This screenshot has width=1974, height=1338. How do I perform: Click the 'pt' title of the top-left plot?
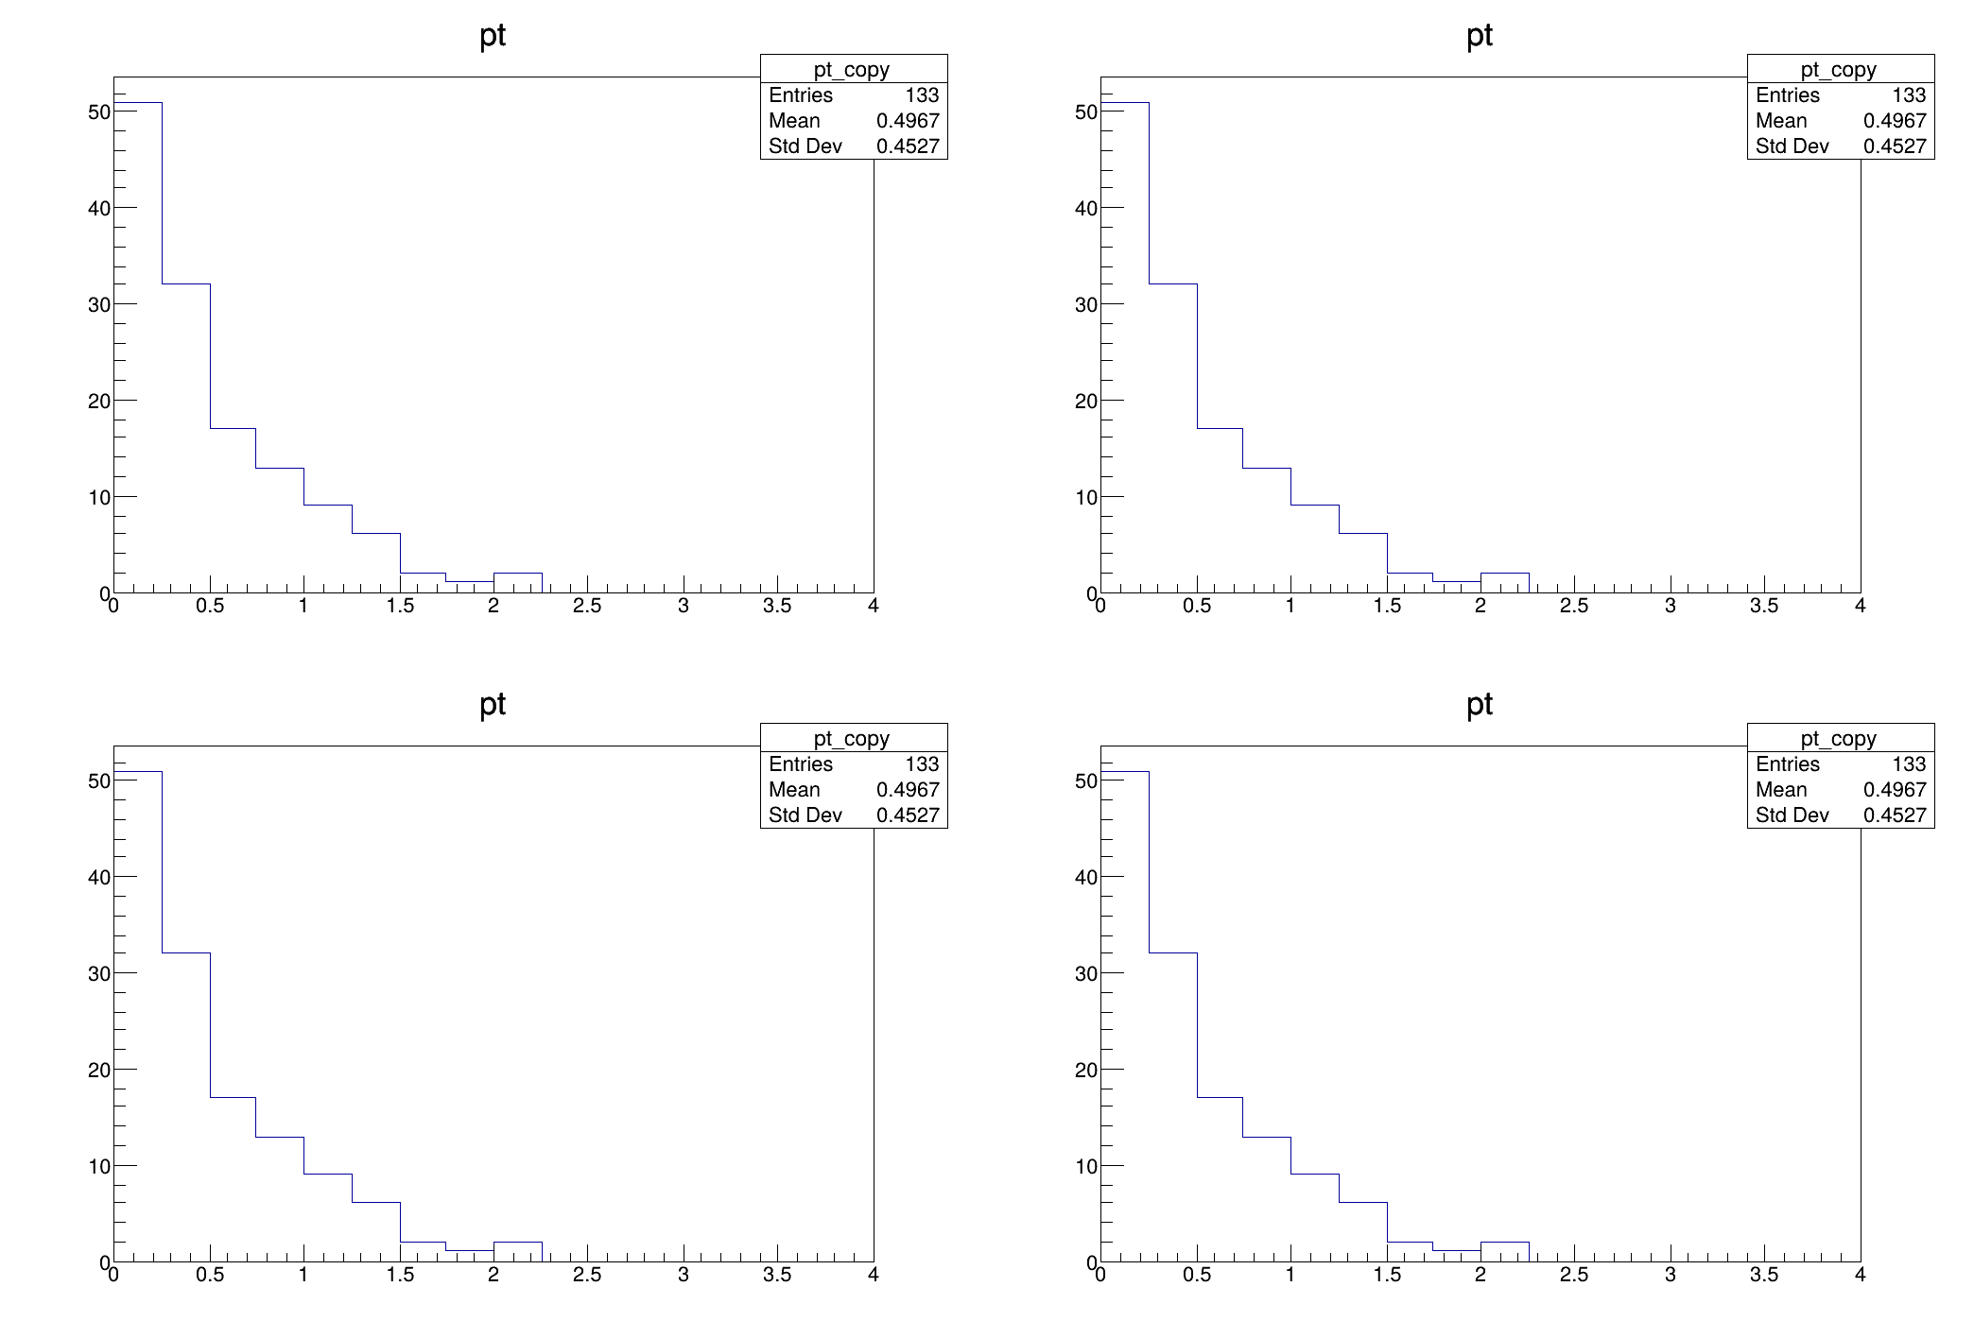[493, 36]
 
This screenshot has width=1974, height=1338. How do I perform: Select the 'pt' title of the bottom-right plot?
[1480, 705]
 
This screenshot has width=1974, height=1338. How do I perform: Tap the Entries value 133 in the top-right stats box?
[1909, 95]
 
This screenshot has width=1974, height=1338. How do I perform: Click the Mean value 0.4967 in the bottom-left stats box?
[908, 790]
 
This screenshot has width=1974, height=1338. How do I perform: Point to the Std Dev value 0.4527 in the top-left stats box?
[908, 146]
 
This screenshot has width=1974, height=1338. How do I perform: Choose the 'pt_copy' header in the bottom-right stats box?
[1838, 739]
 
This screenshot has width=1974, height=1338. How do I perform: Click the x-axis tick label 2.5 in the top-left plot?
[587, 606]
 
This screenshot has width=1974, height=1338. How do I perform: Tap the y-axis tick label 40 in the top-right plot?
[1085, 208]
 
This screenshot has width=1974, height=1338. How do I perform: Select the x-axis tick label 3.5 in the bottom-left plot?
[777, 1275]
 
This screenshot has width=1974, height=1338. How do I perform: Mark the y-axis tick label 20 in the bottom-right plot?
[1085, 1070]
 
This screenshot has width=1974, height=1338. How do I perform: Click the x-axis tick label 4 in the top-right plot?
[1860, 606]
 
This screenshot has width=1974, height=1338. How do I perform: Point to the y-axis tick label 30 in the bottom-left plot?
[98, 973]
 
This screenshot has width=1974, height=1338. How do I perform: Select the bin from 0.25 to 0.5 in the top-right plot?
[1173, 438]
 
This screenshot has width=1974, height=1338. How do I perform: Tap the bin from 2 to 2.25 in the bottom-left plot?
[517, 1252]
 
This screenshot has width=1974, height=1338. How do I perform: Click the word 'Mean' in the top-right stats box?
[1781, 121]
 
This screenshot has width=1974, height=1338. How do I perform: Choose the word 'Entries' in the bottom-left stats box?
[801, 764]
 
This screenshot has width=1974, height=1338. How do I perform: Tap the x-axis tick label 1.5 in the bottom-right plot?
[1387, 1275]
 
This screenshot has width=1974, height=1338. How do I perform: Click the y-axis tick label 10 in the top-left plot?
[98, 497]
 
